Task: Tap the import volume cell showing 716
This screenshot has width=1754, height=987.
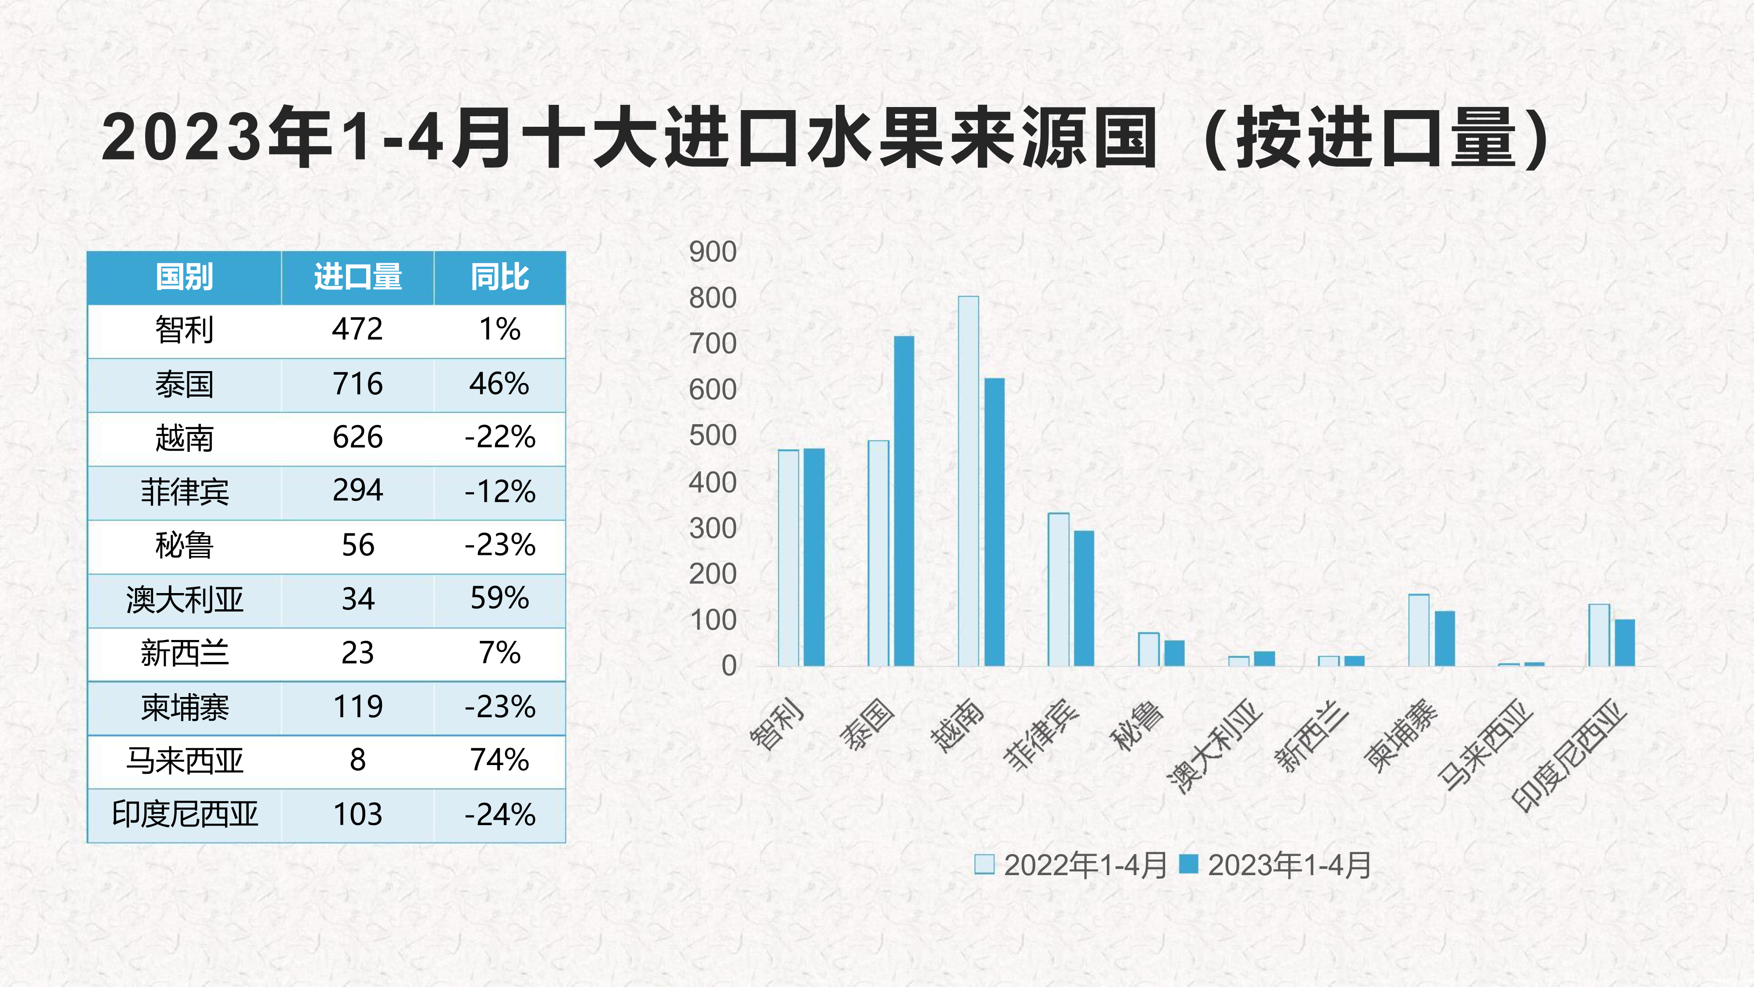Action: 357,384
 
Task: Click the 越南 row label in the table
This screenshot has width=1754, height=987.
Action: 184,438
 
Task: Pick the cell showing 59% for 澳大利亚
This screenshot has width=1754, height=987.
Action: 500,599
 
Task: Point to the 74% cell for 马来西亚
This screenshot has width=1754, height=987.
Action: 500,761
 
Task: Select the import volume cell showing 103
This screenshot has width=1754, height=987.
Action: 357,815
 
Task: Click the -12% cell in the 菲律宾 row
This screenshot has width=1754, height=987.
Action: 500,492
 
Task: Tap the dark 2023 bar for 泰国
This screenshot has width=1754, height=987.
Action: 904,501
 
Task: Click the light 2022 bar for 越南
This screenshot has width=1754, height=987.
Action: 968,481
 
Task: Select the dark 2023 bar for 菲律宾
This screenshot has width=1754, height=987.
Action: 1084,598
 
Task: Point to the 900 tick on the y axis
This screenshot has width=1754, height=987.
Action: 712,252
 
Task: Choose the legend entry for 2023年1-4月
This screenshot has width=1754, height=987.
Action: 1276,865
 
